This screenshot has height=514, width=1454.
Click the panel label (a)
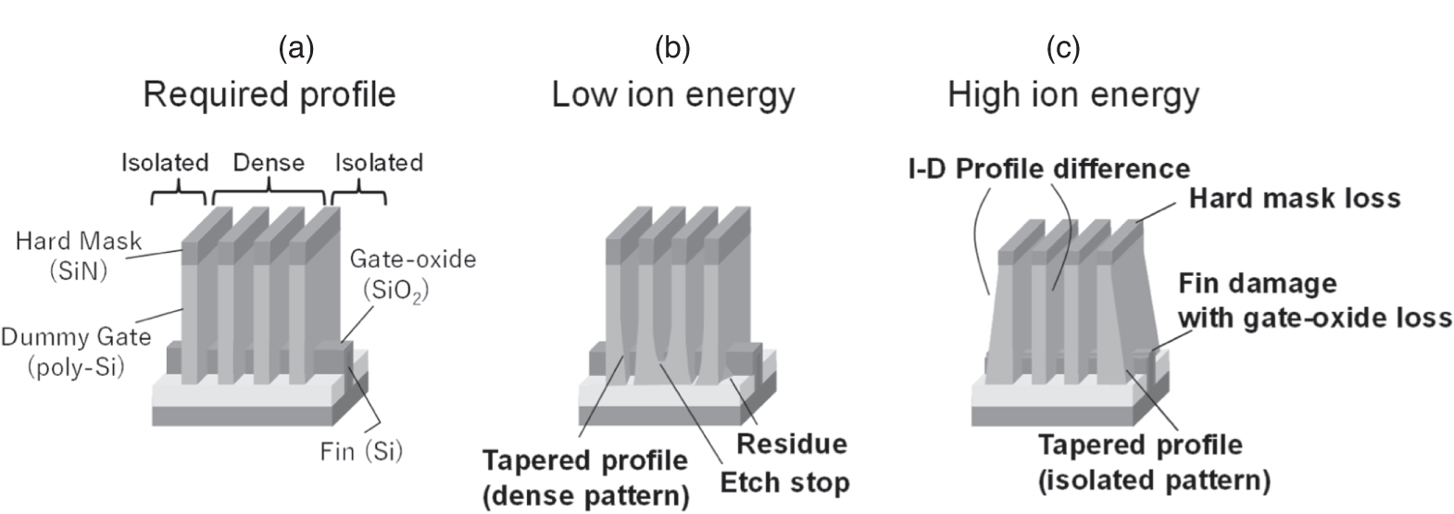click(296, 48)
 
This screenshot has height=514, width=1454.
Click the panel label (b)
click(672, 48)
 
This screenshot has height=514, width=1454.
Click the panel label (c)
click(1063, 48)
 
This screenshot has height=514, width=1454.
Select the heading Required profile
click(269, 94)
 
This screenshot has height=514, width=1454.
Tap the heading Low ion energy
click(673, 94)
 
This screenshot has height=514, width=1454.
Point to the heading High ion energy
click(1073, 94)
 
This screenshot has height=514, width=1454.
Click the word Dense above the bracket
click(269, 163)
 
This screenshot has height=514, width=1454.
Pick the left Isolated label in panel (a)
click(165, 163)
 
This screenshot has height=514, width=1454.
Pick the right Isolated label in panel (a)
click(379, 163)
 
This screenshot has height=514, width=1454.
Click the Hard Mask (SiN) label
click(80, 255)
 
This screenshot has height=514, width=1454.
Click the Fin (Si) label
click(361, 452)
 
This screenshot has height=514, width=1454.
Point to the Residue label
click(791, 444)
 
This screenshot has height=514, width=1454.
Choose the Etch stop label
click(783, 483)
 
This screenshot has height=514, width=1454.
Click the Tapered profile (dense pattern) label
click(585, 478)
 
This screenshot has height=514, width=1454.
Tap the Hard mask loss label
click(1294, 197)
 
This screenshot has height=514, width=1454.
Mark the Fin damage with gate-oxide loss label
click(1313, 299)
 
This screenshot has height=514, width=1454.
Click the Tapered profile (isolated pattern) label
click(1153, 462)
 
